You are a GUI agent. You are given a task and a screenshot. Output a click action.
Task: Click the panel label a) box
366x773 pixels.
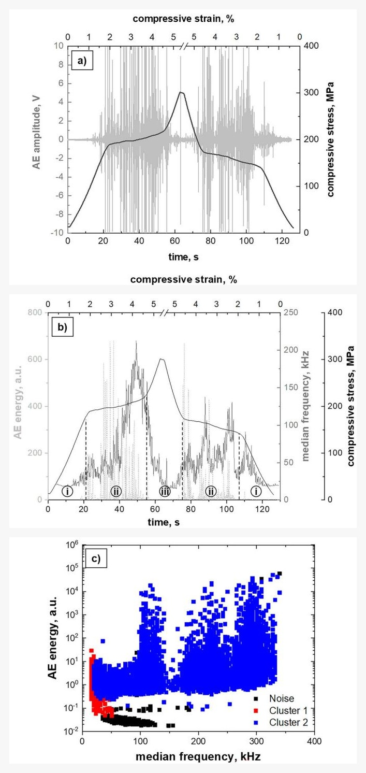point(82,62)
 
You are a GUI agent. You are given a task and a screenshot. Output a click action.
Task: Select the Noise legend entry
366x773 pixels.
point(274,699)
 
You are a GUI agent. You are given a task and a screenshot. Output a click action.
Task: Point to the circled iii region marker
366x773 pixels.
point(165,491)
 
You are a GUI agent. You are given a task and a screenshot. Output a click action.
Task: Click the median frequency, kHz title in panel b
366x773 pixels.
point(305,406)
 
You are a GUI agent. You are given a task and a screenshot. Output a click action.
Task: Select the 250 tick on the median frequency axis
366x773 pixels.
point(290,312)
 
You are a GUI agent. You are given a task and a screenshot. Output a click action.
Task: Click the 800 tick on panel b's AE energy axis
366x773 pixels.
point(35,312)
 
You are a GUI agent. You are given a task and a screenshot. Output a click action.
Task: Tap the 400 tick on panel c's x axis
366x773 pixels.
point(314,741)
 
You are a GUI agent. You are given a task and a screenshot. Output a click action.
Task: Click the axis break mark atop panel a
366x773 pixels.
point(183,46)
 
